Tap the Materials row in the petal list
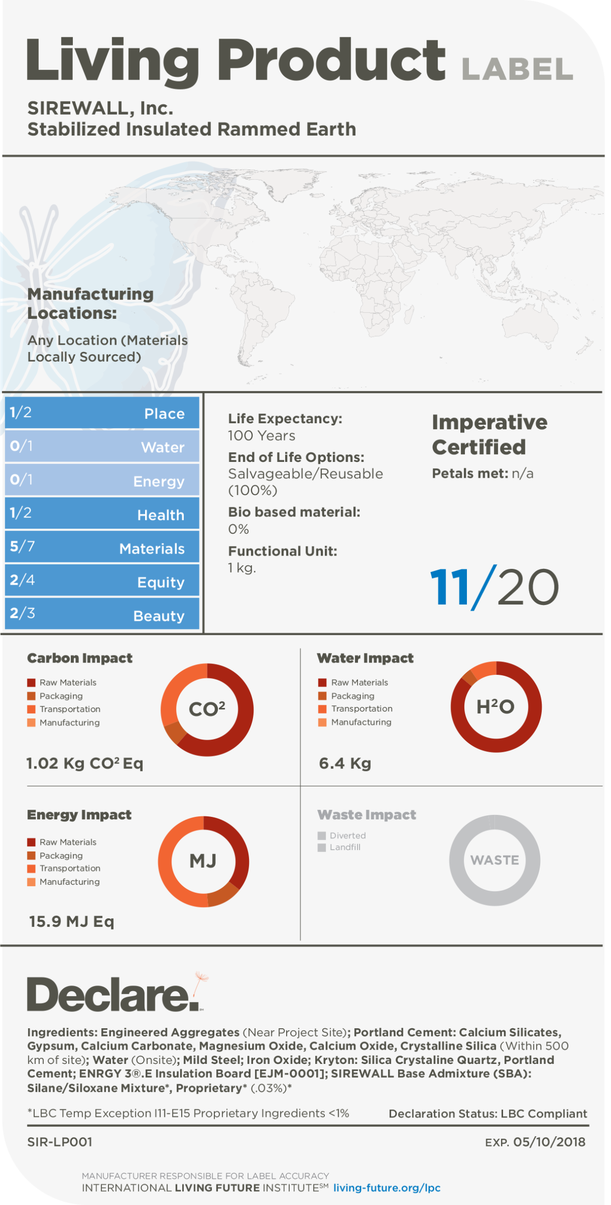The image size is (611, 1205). [102, 547]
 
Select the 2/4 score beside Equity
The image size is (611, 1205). [22, 580]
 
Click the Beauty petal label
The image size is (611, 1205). [159, 616]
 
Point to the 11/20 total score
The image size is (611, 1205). [494, 587]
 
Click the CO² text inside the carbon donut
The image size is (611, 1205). [207, 709]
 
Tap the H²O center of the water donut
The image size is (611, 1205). [495, 706]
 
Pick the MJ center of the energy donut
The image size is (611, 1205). [203, 861]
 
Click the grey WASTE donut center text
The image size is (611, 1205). [494, 860]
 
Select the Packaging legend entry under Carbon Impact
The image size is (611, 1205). [61, 696]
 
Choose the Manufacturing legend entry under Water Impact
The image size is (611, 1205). [361, 722]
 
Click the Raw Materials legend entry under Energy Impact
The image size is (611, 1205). [68, 842]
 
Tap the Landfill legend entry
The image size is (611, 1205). [345, 847]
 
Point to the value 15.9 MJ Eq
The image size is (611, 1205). [71, 921]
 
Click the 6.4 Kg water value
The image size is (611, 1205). [345, 763]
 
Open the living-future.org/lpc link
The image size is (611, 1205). [387, 1188]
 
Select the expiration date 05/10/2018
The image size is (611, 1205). [549, 1142]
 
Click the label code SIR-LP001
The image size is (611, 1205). [60, 1142]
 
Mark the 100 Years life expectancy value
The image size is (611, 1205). [261, 435]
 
